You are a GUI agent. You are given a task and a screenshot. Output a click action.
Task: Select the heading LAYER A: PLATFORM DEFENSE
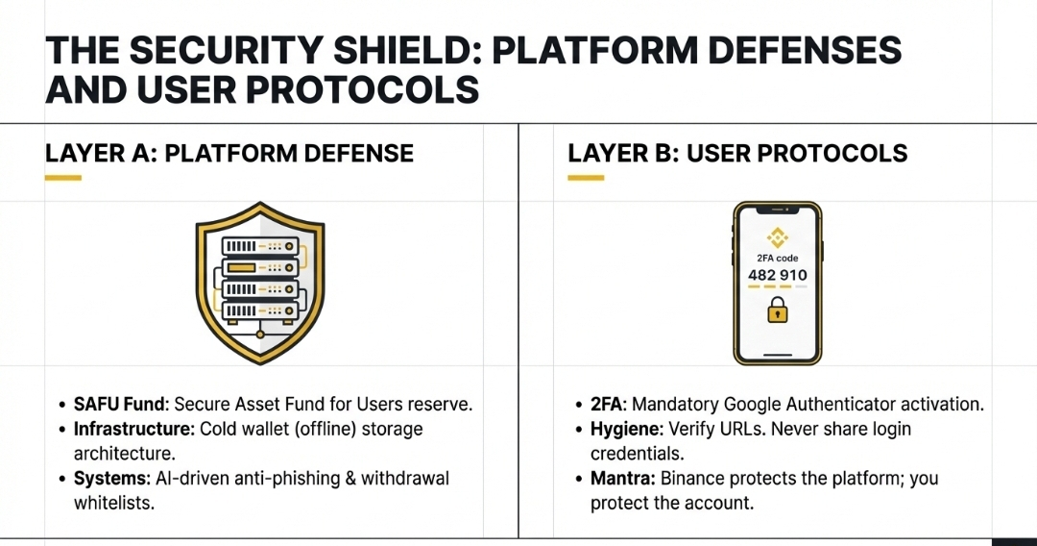click(229, 153)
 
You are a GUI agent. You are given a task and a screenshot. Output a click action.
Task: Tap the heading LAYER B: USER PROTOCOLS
click(737, 153)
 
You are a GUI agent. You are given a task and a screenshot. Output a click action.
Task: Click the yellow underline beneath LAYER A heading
click(63, 178)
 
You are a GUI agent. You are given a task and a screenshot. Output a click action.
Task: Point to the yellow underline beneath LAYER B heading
click(586, 178)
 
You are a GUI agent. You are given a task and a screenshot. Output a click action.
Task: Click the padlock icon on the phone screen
click(777, 311)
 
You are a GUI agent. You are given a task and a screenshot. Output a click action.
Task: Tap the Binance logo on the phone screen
click(777, 237)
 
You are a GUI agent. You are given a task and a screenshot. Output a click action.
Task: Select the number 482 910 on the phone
click(777, 275)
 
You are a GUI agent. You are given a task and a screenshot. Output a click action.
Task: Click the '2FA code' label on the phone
click(777, 258)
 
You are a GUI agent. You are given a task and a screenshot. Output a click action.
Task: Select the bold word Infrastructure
click(130, 429)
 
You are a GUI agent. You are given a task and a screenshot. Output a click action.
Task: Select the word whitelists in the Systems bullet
click(114, 503)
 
